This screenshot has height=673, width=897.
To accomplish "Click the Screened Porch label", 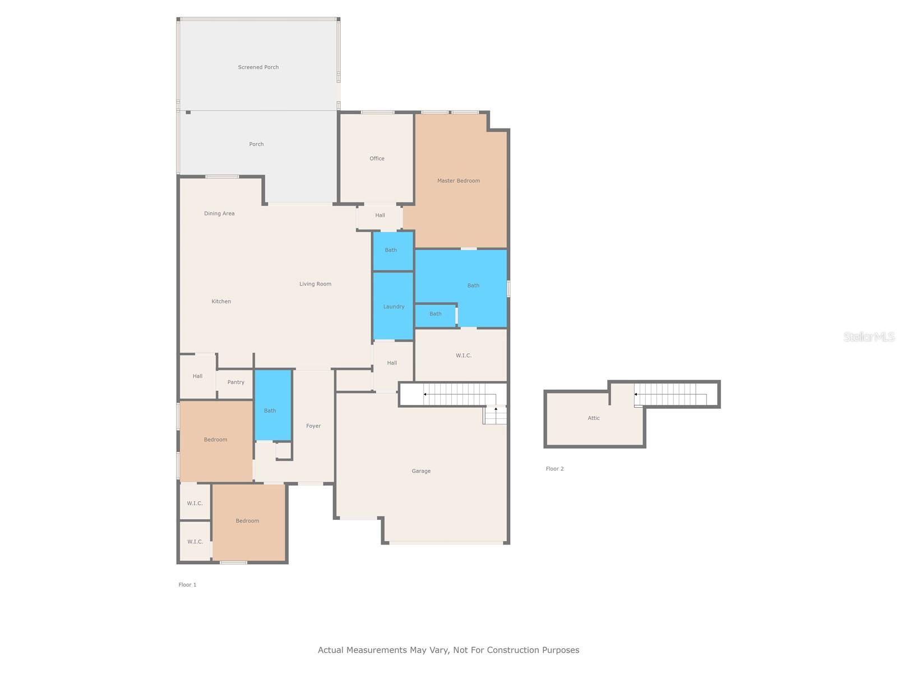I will click(258, 67).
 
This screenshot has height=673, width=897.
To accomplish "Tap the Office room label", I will click(377, 159).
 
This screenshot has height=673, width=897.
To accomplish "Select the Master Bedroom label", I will click(458, 181).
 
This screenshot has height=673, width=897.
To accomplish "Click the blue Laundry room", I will click(394, 307).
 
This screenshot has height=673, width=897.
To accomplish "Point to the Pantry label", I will click(235, 382).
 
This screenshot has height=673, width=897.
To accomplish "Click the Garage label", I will click(421, 471).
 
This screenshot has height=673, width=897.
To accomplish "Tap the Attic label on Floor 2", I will click(594, 418).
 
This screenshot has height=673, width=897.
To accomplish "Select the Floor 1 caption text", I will click(187, 585).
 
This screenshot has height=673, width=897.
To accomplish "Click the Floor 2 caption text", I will click(554, 469).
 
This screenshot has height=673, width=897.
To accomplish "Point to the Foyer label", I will click(313, 426).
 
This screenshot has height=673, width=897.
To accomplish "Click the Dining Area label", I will click(219, 214).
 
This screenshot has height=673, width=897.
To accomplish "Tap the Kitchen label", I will click(221, 302).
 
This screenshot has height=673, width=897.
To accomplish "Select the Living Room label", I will click(315, 284).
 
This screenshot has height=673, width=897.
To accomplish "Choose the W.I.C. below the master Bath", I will click(463, 356).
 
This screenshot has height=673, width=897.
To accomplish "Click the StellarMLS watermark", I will click(869, 336).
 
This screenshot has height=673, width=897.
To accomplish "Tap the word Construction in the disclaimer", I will click(512, 651).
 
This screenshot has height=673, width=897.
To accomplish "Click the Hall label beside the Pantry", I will click(197, 376).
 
